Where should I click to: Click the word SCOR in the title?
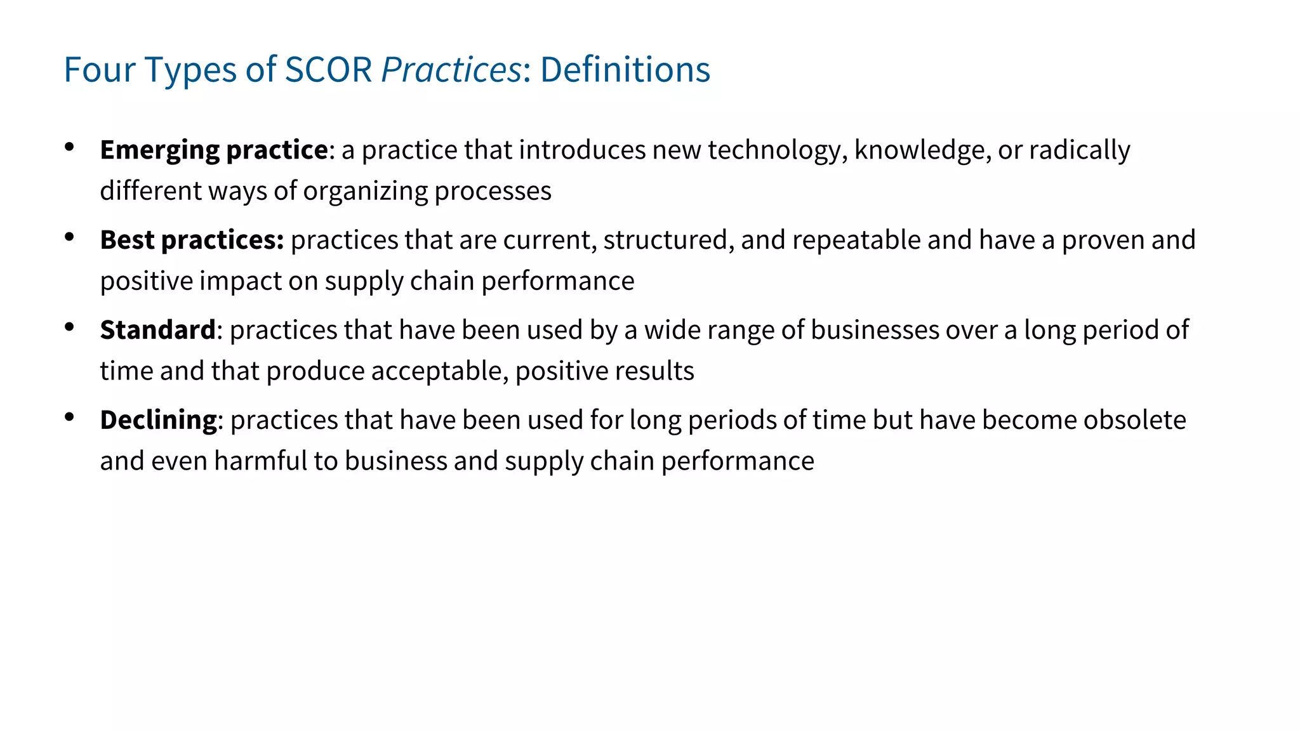tap(328, 69)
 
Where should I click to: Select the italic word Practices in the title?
tap(451, 69)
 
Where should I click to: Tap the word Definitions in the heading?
tap(625, 69)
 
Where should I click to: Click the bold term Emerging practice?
tap(214, 150)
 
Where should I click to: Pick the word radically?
tap(1079, 150)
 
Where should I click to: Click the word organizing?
tap(365, 191)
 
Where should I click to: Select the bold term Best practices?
tap(192, 240)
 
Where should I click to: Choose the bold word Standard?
tap(158, 331)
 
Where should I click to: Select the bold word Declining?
tap(159, 421)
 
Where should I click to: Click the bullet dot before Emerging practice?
tap(70, 147)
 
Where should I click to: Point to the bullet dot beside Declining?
tap(70, 418)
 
